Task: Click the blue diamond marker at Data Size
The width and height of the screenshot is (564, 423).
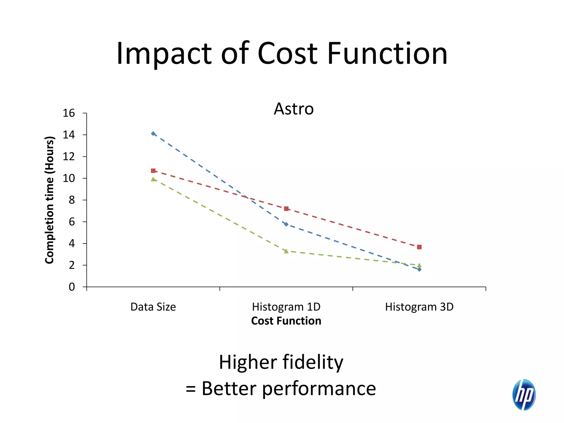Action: (x=153, y=134)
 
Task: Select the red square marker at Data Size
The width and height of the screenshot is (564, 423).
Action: (x=153, y=171)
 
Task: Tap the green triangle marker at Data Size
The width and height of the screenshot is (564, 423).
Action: (x=153, y=179)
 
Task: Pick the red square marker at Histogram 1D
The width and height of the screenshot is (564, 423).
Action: (x=286, y=209)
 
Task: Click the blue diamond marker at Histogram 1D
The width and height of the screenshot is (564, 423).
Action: (x=286, y=224)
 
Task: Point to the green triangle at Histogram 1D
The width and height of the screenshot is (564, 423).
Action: (x=286, y=251)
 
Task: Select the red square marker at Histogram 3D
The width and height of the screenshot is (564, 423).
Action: (x=419, y=247)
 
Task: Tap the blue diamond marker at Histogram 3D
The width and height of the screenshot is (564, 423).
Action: (x=419, y=269)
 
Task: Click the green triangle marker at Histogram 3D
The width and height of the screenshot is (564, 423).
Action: (x=419, y=265)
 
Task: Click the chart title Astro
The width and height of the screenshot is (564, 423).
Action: (x=294, y=109)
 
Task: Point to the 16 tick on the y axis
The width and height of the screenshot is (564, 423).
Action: (x=69, y=113)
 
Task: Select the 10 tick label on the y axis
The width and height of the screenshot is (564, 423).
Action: (x=69, y=178)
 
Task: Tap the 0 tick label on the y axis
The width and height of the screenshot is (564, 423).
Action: (x=72, y=287)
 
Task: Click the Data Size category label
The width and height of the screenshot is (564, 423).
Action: (x=153, y=307)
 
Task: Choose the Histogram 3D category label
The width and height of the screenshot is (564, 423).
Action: (x=419, y=307)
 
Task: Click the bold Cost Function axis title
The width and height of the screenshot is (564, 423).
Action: (x=286, y=321)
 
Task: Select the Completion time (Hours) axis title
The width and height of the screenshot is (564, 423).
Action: (x=50, y=200)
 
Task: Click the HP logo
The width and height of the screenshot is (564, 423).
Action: (x=524, y=394)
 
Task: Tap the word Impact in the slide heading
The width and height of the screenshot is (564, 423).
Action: (x=164, y=53)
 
